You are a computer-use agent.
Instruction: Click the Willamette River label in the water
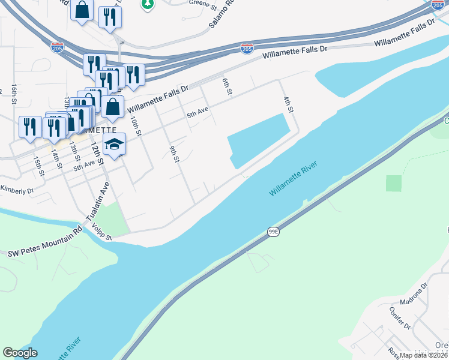[x=293, y=178]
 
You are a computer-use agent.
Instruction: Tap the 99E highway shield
[x=273, y=232]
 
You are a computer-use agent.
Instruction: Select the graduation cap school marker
[x=114, y=145]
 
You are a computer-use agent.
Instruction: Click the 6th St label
[x=227, y=87]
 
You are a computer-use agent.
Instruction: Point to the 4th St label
[x=288, y=104]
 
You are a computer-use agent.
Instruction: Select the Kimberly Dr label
[x=16, y=191]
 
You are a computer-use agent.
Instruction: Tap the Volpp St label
[x=101, y=232]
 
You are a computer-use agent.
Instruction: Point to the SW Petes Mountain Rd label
[x=44, y=244]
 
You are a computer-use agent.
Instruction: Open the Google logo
[x=20, y=352]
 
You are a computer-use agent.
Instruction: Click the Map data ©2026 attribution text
[x=424, y=355]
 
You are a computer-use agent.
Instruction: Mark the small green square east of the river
[x=394, y=184]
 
